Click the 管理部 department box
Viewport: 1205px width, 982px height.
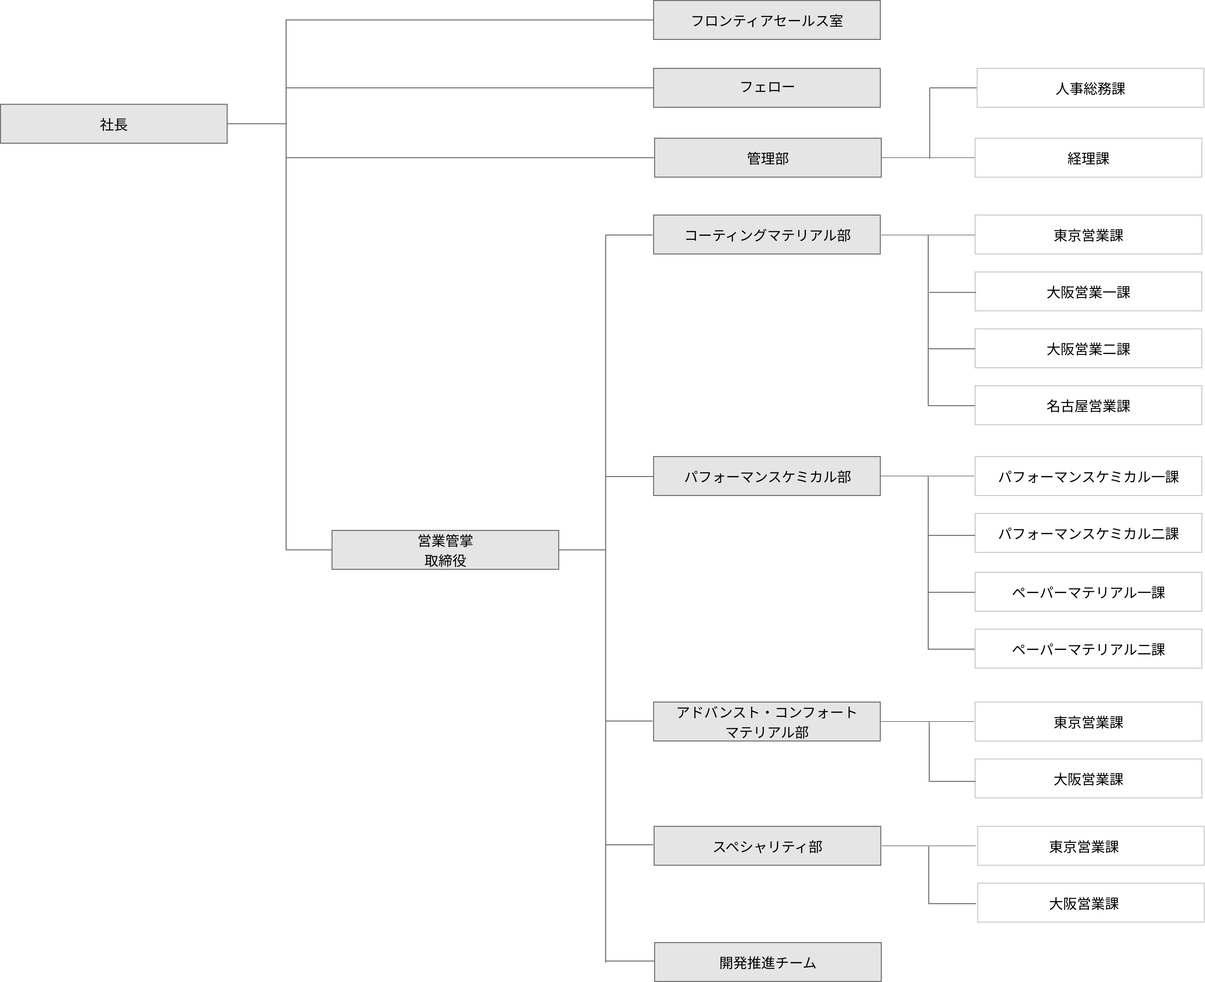[x=768, y=158]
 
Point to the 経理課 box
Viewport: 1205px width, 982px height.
[x=1088, y=158]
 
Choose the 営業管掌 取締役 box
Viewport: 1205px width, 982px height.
[x=445, y=550]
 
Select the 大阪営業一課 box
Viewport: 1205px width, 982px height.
[x=1088, y=292]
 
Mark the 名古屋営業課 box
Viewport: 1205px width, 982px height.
[x=1088, y=406]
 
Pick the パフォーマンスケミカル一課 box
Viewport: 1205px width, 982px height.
[x=1088, y=476]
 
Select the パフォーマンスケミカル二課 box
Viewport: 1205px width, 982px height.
[x=1088, y=534]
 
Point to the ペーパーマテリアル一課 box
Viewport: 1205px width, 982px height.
[x=1088, y=592]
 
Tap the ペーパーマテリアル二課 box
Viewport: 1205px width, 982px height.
[x=1088, y=649]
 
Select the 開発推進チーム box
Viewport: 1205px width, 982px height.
[x=768, y=962]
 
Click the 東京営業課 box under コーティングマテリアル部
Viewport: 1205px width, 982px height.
[x=1088, y=235]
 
